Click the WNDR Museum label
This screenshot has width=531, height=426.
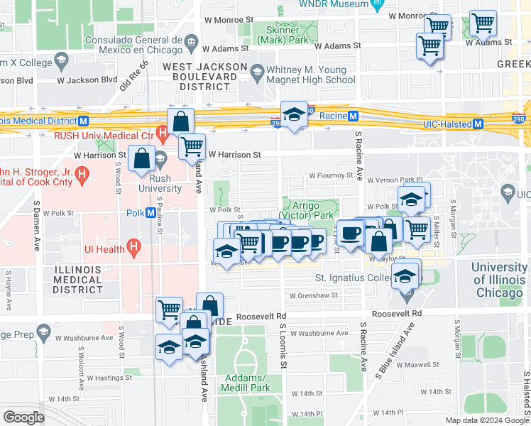point(334,4)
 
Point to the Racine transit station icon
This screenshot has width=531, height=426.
point(352,116)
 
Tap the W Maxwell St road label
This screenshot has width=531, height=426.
point(417,365)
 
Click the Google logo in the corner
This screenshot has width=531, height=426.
point(23,417)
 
